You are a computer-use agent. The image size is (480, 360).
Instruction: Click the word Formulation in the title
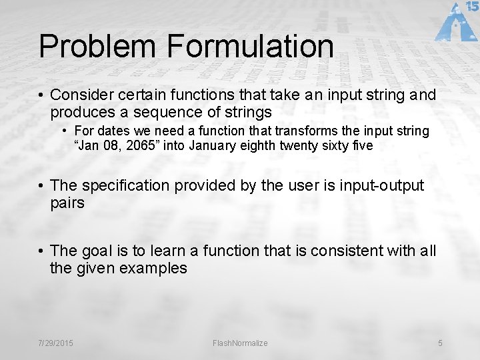pyautogui.click(x=251, y=46)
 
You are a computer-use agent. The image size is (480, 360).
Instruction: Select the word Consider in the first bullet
pyautogui.click(x=79, y=95)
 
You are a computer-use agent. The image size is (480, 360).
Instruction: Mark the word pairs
pyautogui.click(x=67, y=203)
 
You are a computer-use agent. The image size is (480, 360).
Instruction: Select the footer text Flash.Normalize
pyautogui.click(x=239, y=343)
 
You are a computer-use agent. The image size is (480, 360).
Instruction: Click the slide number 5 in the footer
pyautogui.click(x=440, y=343)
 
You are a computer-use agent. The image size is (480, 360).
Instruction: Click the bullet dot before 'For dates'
pyautogui.click(x=65, y=131)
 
